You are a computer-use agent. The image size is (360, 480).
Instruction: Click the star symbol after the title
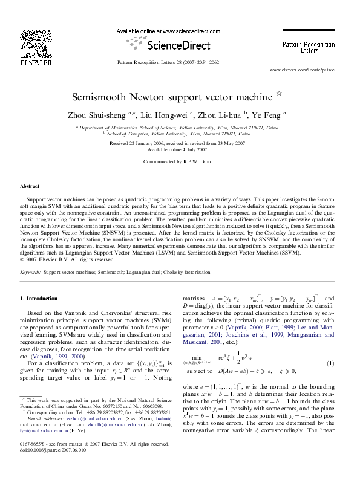(x=278, y=94)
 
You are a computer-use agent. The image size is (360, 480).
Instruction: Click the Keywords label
(x=30, y=273)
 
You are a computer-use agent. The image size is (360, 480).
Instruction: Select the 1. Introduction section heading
(x=39, y=299)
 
